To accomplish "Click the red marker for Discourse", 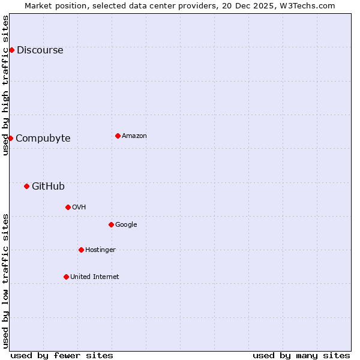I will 11,50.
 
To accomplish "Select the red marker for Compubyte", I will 10,138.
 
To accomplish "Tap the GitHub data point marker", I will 26,186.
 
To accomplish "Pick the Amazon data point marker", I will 118,136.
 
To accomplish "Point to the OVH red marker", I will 68,207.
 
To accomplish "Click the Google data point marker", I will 111,224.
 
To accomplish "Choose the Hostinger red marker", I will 81,250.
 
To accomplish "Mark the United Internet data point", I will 66,277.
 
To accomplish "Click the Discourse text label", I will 40,50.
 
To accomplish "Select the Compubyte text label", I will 43,139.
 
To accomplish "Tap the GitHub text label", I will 48,187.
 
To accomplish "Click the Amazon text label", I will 134,136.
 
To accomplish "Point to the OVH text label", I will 79,208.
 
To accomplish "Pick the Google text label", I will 126,225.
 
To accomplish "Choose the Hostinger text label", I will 100,250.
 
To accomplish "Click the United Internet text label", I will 95,277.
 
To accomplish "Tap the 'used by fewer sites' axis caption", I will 62,356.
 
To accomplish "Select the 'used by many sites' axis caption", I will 301,356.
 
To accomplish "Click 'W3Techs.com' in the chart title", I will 310,6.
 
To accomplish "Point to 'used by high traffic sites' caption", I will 6,85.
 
